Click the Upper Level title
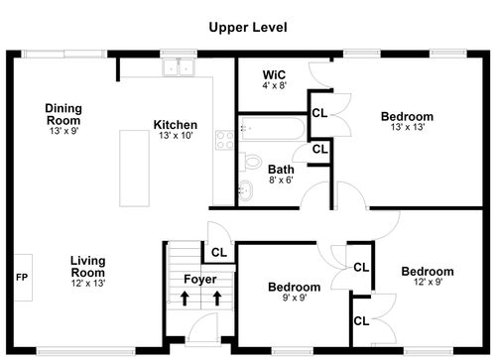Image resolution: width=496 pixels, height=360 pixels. pyautogui.click(x=248, y=28)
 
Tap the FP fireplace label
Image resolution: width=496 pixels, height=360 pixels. pyautogui.click(x=22, y=278)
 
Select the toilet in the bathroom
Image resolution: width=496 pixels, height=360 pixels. pyautogui.click(x=251, y=162)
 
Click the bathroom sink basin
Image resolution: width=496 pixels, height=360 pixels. pyautogui.click(x=246, y=190)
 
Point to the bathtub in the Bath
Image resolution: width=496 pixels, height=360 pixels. pyautogui.click(x=273, y=128)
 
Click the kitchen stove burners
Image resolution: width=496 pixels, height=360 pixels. pyautogui.click(x=225, y=140)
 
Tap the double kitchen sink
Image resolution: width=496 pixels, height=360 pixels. pyautogui.click(x=179, y=67)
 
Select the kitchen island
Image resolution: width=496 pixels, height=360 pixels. pyautogui.click(x=134, y=169)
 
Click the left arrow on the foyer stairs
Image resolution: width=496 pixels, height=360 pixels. pyautogui.click(x=185, y=299)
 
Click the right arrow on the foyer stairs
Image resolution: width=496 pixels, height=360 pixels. pyautogui.click(x=217, y=299)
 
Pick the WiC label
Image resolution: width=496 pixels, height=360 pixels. pyautogui.click(x=274, y=74)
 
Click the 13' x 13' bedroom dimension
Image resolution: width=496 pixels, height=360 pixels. pyautogui.click(x=408, y=127)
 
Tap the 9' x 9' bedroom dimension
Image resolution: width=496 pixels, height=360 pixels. pyautogui.click(x=295, y=298)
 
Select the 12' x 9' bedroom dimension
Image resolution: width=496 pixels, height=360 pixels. pyautogui.click(x=428, y=282)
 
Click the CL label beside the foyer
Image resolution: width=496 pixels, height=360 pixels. pyautogui.click(x=219, y=253)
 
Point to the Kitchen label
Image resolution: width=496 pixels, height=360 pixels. pyautogui.click(x=176, y=125)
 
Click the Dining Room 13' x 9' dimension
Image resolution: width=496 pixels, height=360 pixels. pyautogui.click(x=63, y=131)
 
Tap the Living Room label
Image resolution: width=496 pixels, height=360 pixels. pyautogui.click(x=88, y=267)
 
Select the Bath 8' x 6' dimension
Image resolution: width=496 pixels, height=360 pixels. pyautogui.click(x=281, y=180)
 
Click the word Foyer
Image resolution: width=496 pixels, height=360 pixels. pyautogui.click(x=200, y=280)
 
